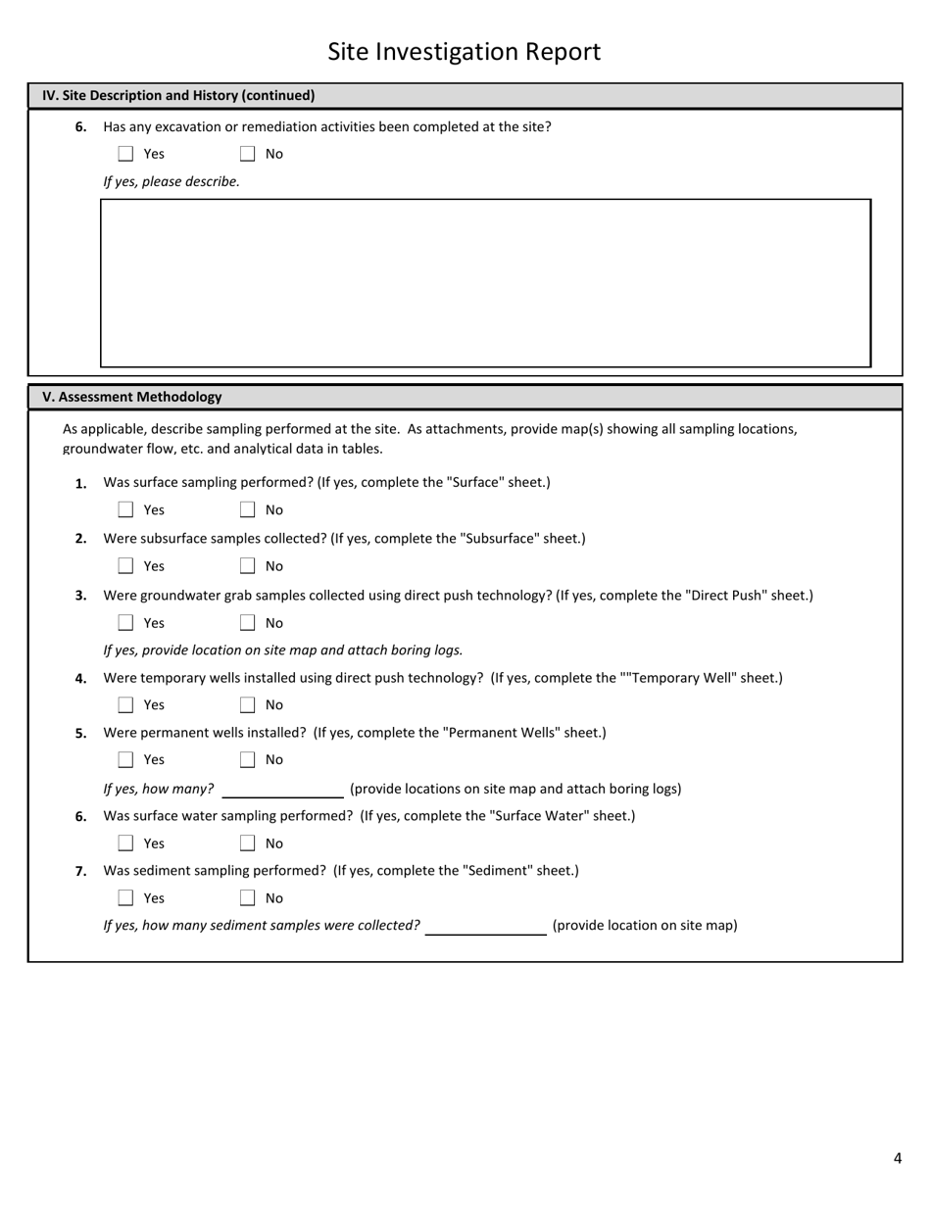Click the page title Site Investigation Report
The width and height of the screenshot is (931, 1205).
[x=464, y=52]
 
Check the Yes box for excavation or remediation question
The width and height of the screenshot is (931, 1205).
[x=125, y=154]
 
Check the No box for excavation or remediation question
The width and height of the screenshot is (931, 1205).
[x=247, y=154]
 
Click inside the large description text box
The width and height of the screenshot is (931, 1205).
[x=485, y=283]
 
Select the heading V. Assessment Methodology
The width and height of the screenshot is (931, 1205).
[x=132, y=397]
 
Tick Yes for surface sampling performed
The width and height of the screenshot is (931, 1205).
[x=125, y=509]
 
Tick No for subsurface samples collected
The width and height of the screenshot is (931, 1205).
[x=247, y=566]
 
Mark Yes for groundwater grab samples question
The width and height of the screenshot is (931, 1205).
[x=125, y=623]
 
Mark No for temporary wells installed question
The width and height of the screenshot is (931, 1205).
[x=247, y=705]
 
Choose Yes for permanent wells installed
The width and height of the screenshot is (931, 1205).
[x=125, y=760]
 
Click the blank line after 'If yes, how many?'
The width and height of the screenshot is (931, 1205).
[x=282, y=790]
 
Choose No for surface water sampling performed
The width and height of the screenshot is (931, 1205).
[x=247, y=843]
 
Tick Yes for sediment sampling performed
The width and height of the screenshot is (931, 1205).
[x=125, y=898]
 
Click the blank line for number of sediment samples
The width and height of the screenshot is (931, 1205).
[x=485, y=926]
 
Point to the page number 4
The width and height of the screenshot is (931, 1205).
[x=897, y=1159]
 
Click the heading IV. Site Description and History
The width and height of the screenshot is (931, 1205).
[x=178, y=96]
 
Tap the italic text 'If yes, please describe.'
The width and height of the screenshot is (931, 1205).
[x=171, y=181]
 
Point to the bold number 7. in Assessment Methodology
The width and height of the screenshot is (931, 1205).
[x=81, y=871]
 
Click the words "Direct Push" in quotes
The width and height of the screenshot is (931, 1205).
[x=726, y=596]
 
